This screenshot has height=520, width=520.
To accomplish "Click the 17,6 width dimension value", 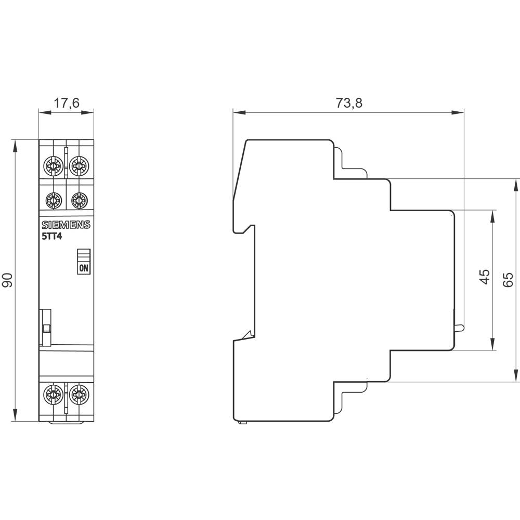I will click(67, 103).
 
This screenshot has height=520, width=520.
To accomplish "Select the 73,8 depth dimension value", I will click(348, 103).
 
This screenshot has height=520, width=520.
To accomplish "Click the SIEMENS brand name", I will click(66, 225).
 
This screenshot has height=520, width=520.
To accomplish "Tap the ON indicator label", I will click(84, 268).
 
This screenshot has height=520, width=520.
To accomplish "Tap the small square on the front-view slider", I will click(47, 328).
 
